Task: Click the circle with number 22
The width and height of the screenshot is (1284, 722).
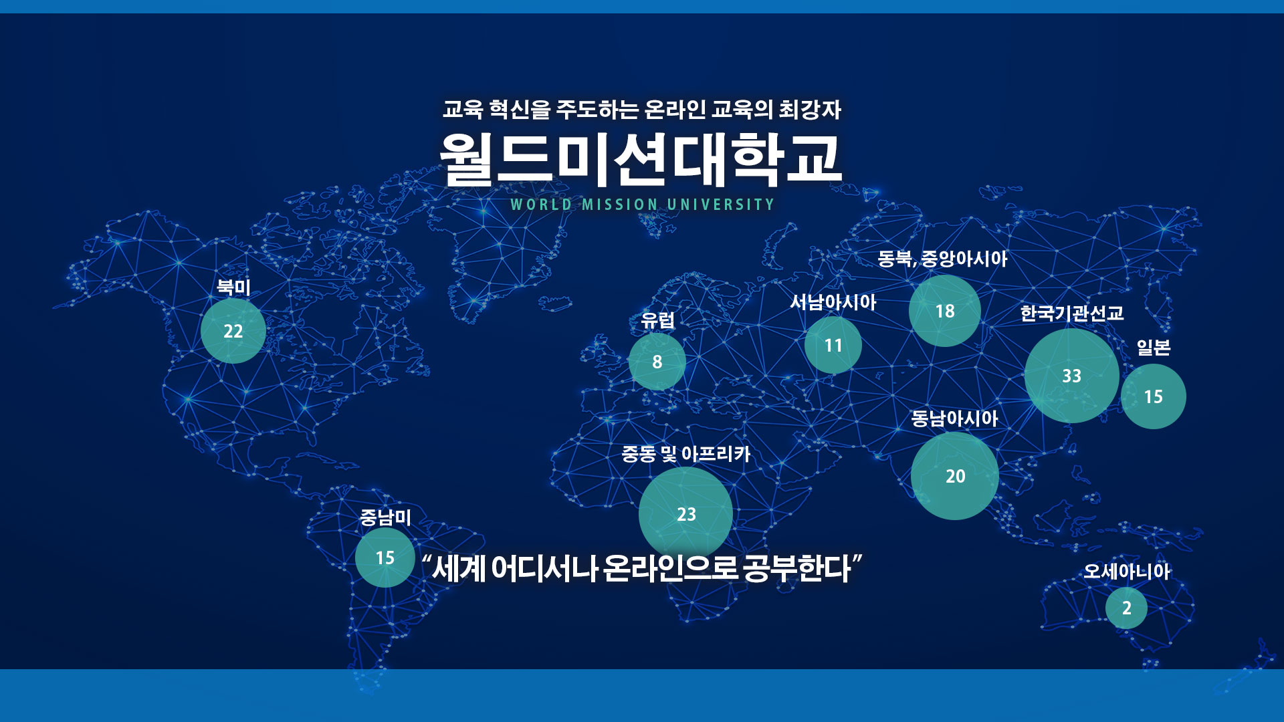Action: point(233,331)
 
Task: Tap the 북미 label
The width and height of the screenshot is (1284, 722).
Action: point(233,287)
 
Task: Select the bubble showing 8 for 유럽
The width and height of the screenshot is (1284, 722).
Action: point(657,362)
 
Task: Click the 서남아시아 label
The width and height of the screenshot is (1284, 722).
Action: point(833,302)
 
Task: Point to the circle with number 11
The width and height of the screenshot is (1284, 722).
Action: point(833,345)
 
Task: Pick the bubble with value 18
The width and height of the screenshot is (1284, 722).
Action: point(945,311)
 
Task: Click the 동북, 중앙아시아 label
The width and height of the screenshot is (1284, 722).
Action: point(942,259)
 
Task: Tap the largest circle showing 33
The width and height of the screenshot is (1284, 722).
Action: point(1072,376)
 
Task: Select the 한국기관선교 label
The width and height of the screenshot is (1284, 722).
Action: point(1072,313)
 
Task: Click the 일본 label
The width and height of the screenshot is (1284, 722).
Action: point(1154,348)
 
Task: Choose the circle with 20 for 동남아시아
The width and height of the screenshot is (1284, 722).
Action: point(955,476)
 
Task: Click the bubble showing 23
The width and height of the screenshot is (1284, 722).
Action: point(686,514)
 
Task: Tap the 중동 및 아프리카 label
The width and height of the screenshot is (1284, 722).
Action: point(686,454)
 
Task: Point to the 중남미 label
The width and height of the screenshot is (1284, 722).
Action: point(385,517)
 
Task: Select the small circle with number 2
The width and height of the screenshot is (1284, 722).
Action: point(1127,608)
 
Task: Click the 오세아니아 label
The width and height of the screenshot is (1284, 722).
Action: point(1127,572)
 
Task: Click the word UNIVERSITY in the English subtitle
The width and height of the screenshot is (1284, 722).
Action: point(721,205)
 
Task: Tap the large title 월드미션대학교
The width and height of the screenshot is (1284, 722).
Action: point(641,159)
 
